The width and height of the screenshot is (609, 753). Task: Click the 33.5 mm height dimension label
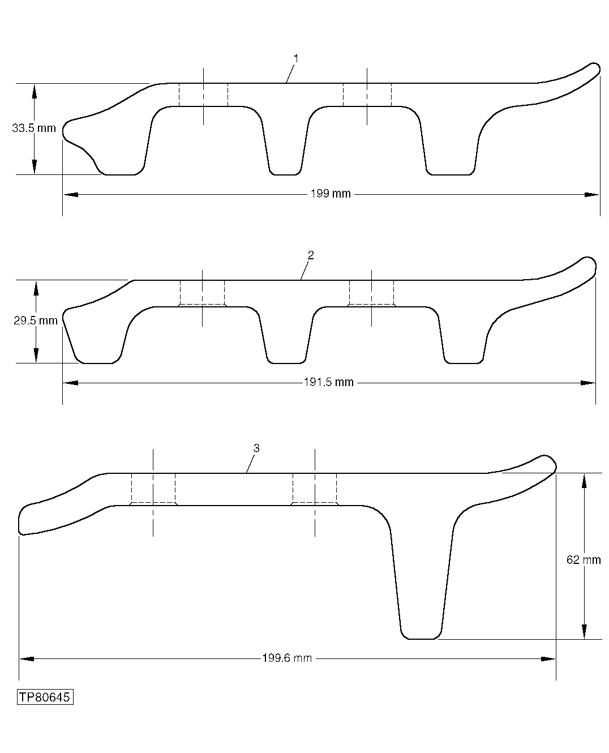[x=34, y=129]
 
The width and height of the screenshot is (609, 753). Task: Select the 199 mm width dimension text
[x=331, y=194]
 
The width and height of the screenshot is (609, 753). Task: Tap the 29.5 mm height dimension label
[x=36, y=321]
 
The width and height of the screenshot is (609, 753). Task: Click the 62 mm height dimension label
[x=584, y=560]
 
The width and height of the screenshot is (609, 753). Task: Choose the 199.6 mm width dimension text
[x=287, y=658]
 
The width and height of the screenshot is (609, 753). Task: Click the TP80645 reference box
[x=45, y=697]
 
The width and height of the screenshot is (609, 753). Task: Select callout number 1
[x=295, y=58]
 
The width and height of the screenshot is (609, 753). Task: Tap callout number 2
[x=310, y=255]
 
